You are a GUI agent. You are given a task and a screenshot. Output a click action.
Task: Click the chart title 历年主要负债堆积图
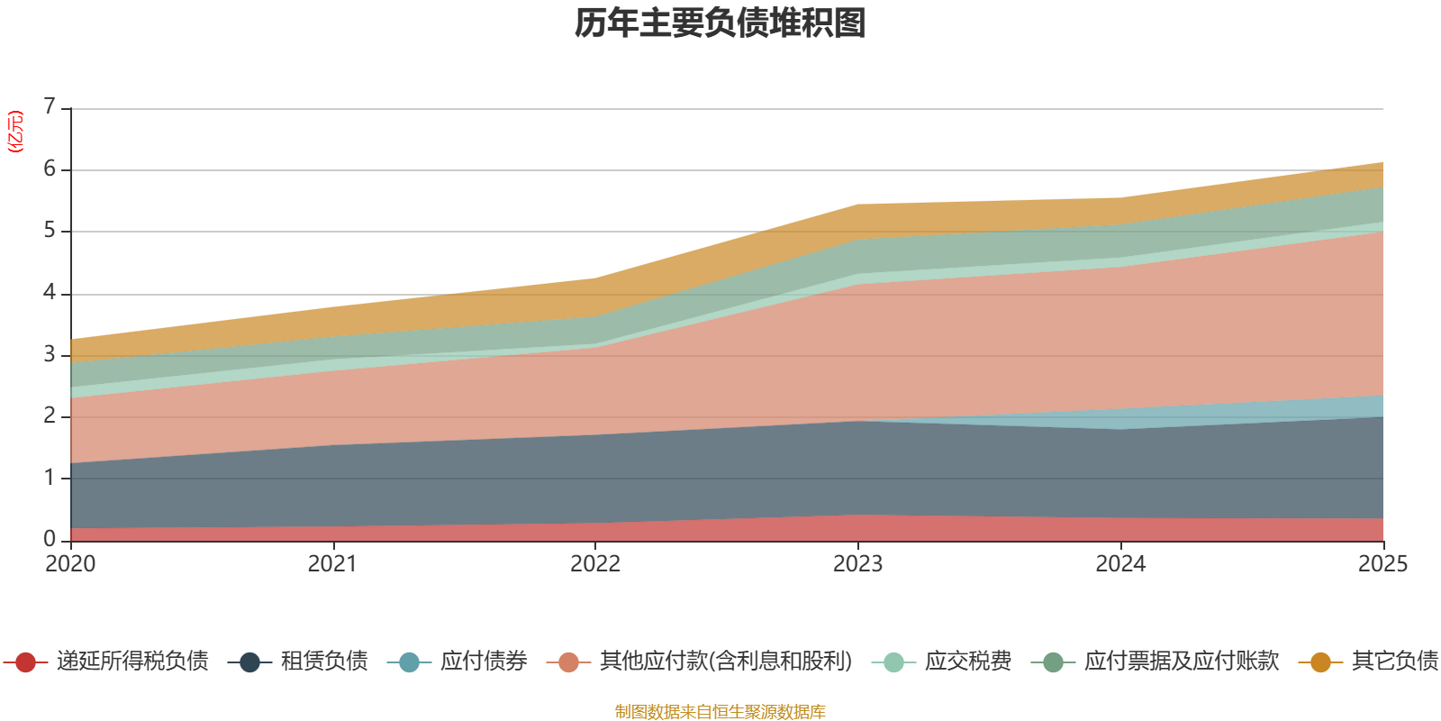click(720, 23)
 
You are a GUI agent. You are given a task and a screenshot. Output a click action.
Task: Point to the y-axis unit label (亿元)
click(15, 132)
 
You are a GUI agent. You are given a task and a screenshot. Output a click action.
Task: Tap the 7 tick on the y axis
click(50, 107)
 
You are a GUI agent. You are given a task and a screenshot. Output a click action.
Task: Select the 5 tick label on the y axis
click(50, 231)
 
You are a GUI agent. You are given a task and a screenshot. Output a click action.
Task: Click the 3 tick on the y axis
click(50, 354)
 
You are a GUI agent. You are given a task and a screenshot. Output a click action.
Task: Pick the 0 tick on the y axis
click(50, 539)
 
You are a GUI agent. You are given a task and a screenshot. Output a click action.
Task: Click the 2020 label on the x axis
click(70, 564)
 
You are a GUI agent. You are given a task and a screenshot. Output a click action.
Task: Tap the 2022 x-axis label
click(595, 564)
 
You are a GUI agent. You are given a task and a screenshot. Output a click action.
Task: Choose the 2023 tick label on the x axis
click(857, 564)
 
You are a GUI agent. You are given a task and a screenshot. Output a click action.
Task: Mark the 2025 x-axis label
click(1382, 564)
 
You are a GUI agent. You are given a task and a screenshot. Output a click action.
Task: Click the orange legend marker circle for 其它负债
click(1320, 662)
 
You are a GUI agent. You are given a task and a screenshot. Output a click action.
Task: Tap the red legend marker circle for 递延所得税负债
click(25, 662)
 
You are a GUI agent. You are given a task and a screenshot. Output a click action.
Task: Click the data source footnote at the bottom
click(720, 712)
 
